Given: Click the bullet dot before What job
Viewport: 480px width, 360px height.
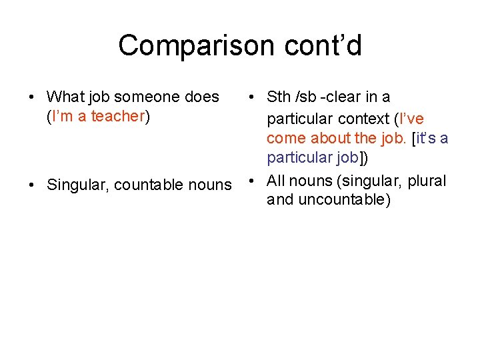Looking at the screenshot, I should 31,97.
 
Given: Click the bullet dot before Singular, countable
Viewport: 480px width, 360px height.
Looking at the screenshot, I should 31,185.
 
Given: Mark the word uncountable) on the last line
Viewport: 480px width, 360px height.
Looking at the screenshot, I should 346,200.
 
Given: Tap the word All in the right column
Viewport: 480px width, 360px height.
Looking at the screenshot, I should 277,181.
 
